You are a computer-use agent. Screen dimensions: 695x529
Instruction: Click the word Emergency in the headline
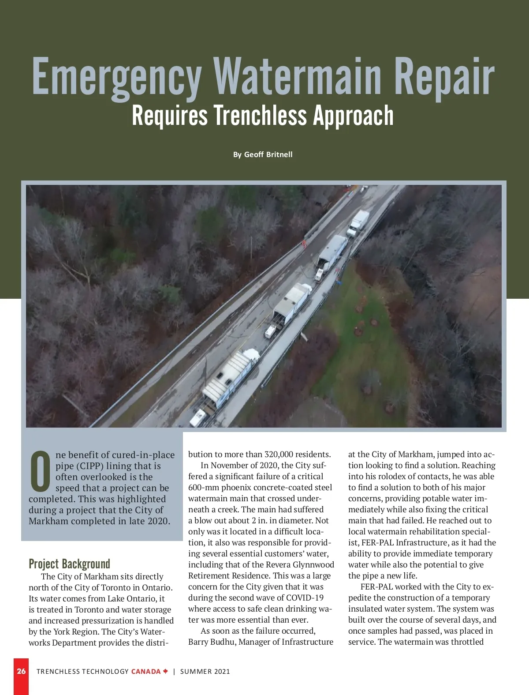pyautogui.click(x=117, y=77)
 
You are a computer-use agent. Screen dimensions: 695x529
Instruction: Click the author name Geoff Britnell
pyautogui.click(x=268, y=154)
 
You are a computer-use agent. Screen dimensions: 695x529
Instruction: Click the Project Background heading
pyautogui.click(x=69, y=564)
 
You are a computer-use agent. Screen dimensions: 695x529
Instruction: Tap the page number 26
pyautogui.click(x=21, y=671)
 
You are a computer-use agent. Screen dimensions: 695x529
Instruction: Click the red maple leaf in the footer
pyautogui.click(x=165, y=671)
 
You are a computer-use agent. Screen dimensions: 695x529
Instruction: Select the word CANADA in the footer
pyautogui.click(x=146, y=671)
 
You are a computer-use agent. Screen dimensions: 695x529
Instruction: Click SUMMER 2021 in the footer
pyautogui.click(x=205, y=671)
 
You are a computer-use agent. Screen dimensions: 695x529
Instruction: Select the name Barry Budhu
pyautogui.click(x=212, y=642)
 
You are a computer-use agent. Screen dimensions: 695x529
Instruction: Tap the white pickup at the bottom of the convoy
pyautogui.click(x=197, y=417)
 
